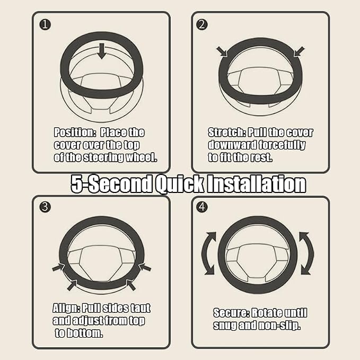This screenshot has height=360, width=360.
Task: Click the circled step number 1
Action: point(45,24)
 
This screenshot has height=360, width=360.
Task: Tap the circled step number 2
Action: point(202,24)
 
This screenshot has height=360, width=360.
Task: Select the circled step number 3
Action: point(45,207)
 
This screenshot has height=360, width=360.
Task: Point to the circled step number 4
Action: point(202,207)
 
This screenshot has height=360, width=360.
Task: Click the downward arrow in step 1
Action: point(101,51)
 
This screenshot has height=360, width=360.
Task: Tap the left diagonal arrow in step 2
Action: point(222,51)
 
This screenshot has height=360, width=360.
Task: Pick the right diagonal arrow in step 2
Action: point(299,51)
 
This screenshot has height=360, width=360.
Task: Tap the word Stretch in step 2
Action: point(227,133)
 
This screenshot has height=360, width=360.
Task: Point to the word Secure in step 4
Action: point(231,313)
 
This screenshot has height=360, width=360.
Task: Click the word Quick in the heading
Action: point(180,184)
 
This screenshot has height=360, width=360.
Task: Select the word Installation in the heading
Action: point(257,183)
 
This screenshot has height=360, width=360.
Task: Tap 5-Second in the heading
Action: point(111,184)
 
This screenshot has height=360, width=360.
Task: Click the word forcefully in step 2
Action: point(282,145)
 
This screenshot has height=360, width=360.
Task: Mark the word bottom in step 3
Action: point(84,333)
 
